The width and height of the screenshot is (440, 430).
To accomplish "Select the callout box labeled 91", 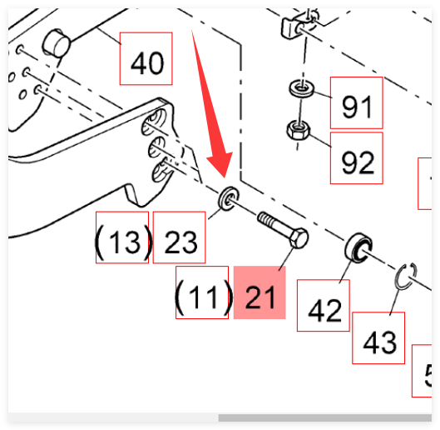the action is tap(356, 102).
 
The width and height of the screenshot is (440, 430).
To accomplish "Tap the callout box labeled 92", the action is tap(356, 158).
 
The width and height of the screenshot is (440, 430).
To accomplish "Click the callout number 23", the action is tap(180, 242).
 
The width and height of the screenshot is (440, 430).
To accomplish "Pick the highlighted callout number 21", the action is tap(260, 297).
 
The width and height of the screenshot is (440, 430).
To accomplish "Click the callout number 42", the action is tap(324, 311).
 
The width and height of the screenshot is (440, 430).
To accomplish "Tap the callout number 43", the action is tap(379, 342).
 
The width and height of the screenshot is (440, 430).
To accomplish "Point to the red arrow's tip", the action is tap(225, 177).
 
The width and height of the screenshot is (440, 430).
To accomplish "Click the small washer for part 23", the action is tap(229, 198).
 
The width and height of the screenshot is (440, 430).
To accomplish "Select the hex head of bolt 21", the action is tap(298, 238).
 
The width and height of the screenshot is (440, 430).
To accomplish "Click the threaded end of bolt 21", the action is tap(264, 219).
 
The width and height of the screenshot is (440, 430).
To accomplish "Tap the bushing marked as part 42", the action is tap(358, 247).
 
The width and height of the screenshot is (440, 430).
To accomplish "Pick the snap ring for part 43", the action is tap(406, 276).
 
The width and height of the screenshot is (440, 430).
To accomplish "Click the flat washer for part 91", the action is tap(302, 88).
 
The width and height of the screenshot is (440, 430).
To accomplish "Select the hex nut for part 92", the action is tap(299, 130).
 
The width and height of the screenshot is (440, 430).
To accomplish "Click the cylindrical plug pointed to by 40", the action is tap(56, 43).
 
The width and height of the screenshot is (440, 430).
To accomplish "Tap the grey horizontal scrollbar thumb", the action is tap(325, 417).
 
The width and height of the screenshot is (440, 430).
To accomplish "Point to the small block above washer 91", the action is tap(292, 27).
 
